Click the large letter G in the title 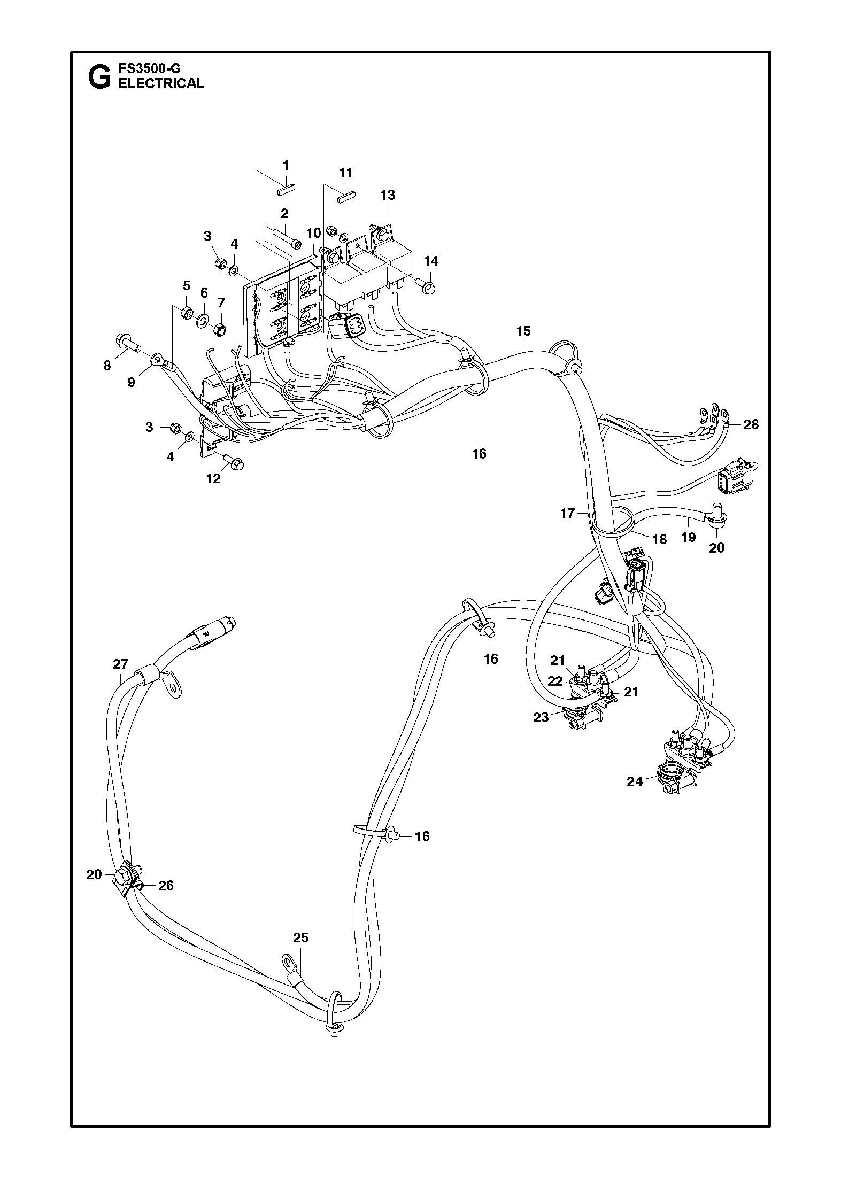point(99,77)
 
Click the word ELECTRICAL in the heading point(161,83)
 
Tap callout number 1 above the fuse point(286,165)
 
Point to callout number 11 point(346,173)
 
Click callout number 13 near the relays point(388,195)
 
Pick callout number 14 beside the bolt point(431,261)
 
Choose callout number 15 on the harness point(523,331)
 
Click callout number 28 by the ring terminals point(751,424)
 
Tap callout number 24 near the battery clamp point(635,781)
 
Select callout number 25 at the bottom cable point(301,937)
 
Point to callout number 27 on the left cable point(121,664)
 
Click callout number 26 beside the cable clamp point(166,886)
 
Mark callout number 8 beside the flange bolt point(107,366)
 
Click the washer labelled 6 point(204,321)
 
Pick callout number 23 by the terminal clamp point(541,717)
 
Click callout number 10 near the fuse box point(313,233)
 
